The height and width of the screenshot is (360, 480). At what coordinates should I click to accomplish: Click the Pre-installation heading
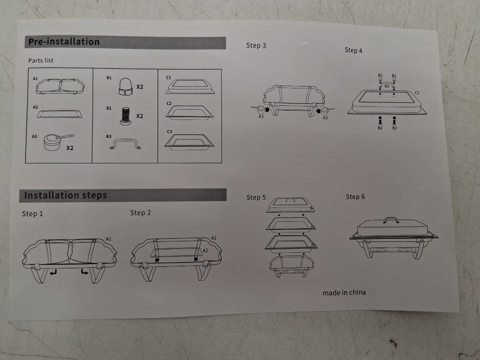tap(64, 41)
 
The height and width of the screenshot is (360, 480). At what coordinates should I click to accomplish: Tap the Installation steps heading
tap(65, 195)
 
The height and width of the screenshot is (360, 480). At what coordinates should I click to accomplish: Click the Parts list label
tap(40, 60)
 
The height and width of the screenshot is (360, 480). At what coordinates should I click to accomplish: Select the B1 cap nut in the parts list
tap(125, 86)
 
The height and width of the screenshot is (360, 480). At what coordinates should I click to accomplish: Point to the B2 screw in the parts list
tap(125, 115)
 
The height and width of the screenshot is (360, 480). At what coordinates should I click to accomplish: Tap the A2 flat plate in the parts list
tap(59, 114)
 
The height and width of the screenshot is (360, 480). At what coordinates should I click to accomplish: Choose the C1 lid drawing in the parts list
tap(190, 86)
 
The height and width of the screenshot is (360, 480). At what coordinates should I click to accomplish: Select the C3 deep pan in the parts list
tap(189, 141)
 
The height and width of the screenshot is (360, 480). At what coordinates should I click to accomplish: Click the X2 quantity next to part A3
tap(70, 148)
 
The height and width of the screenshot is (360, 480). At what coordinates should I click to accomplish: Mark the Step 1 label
tap(32, 213)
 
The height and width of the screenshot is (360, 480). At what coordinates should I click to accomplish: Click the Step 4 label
tap(353, 50)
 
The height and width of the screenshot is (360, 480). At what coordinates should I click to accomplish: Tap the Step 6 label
tap(355, 197)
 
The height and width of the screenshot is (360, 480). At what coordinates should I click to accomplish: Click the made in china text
tap(344, 292)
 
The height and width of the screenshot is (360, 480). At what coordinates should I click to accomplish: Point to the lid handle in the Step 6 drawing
tap(391, 219)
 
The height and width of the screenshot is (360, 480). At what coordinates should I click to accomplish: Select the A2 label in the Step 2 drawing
tap(205, 250)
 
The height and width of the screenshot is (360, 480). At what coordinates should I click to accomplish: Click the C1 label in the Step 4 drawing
tap(417, 92)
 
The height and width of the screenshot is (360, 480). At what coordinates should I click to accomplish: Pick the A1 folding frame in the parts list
tap(60, 86)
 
